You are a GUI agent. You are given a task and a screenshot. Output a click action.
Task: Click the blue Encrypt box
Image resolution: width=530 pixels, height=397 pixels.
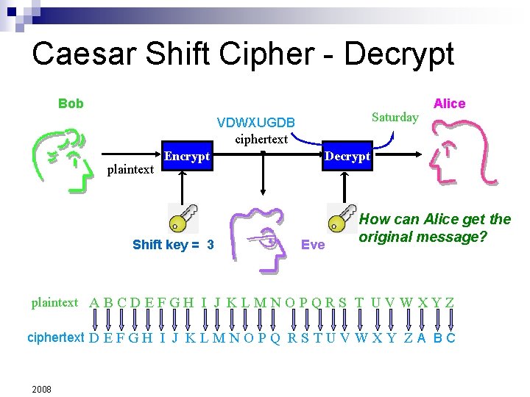(x=187, y=157)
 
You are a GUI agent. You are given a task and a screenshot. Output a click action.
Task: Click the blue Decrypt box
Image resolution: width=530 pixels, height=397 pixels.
(x=347, y=157)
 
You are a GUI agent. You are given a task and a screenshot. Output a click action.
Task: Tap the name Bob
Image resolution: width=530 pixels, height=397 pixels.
(x=71, y=104)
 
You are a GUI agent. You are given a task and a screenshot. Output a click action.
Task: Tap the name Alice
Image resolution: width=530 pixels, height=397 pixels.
(x=449, y=104)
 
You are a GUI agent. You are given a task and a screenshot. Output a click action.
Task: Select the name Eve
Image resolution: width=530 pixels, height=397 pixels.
(x=313, y=245)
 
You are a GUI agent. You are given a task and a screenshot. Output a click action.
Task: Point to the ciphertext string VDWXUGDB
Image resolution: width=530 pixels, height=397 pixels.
(x=256, y=122)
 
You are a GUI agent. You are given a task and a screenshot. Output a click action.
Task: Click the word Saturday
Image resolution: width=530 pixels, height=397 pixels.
(x=395, y=117)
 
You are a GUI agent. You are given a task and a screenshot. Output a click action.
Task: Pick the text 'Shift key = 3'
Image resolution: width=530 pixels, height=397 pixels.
(x=173, y=245)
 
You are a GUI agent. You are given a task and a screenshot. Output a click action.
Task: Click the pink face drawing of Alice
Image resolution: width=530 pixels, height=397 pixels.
(x=460, y=158)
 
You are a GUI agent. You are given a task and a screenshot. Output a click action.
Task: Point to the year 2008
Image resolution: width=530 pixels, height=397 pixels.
(x=41, y=389)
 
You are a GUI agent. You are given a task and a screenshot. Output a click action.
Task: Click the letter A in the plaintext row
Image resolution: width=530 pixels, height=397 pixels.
(x=94, y=303)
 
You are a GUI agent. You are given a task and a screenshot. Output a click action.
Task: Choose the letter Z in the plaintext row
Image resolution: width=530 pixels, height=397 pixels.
(x=449, y=303)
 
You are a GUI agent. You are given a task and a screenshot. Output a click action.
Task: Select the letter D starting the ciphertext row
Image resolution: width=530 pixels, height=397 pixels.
(x=94, y=338)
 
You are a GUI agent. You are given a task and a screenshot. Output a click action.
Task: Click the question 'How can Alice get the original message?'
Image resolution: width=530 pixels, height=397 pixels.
(x=434, y=228)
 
